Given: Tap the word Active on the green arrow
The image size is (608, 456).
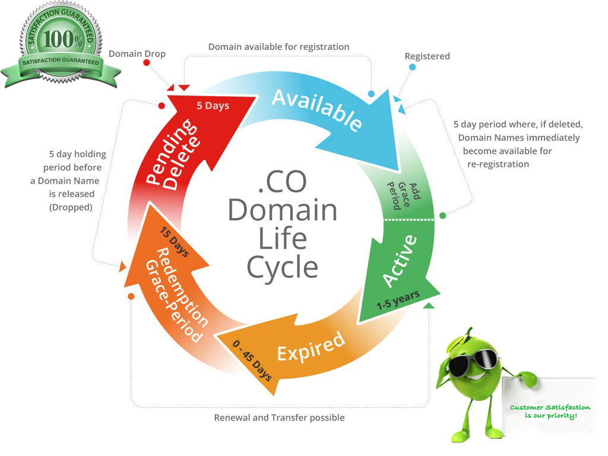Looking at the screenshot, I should coord(400,261).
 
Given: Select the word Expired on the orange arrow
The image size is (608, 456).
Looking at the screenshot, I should coord(311,346).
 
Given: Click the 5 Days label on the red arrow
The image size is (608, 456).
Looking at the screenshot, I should coord(213,106).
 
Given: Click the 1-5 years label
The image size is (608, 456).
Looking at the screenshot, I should coord(398,300).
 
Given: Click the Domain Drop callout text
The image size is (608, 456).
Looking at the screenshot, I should coord(137,54).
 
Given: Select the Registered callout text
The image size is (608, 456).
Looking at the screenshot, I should coord(427,56).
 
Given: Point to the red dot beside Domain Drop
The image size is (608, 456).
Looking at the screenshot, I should coord(146,62).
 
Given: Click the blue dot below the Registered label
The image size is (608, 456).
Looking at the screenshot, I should coord(412,67).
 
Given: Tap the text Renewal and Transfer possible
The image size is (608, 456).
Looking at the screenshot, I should coord(279,417).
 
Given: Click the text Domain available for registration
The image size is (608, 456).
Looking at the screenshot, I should coord(278,46).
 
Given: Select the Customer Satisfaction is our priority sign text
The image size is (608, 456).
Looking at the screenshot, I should coord(550,411).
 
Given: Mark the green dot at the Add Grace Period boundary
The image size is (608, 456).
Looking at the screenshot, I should coord(442,216).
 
